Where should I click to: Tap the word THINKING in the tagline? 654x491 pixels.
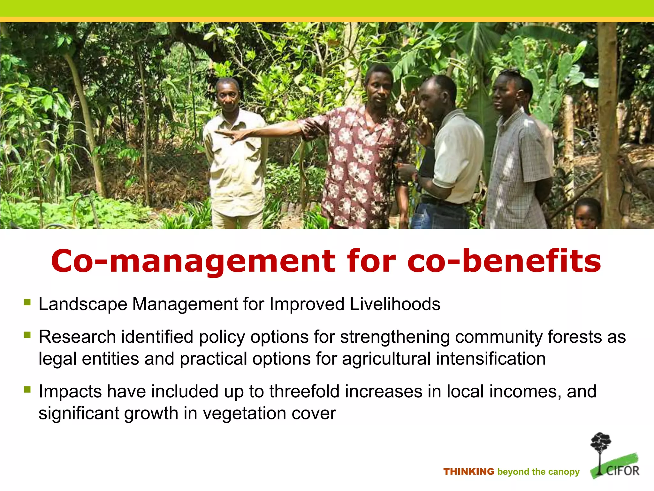click(468, 472)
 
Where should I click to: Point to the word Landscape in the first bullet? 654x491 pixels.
click(83, 304)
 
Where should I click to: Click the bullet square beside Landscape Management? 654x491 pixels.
click(27, 302)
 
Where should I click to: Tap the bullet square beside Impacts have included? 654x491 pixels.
click(27, 389)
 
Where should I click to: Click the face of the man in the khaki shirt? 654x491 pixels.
click(228, 95)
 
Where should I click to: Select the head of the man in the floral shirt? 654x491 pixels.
click(379, 85)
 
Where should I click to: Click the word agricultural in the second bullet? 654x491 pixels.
click(386, 358)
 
